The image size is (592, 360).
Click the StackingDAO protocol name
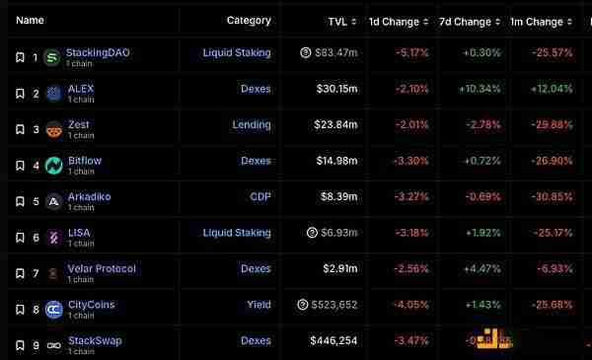pos(98,51)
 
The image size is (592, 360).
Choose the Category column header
pos(249,20)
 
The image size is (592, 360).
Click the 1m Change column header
pos(538,21)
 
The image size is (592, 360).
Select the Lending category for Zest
pos(252,125)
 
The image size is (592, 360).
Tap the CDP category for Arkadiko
pos(260,197)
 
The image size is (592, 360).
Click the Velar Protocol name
pos(102,268)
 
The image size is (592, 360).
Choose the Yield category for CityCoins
pos(259,305)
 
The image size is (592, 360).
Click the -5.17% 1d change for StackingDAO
pos(399,52)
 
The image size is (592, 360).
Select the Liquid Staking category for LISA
pos(237,233)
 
